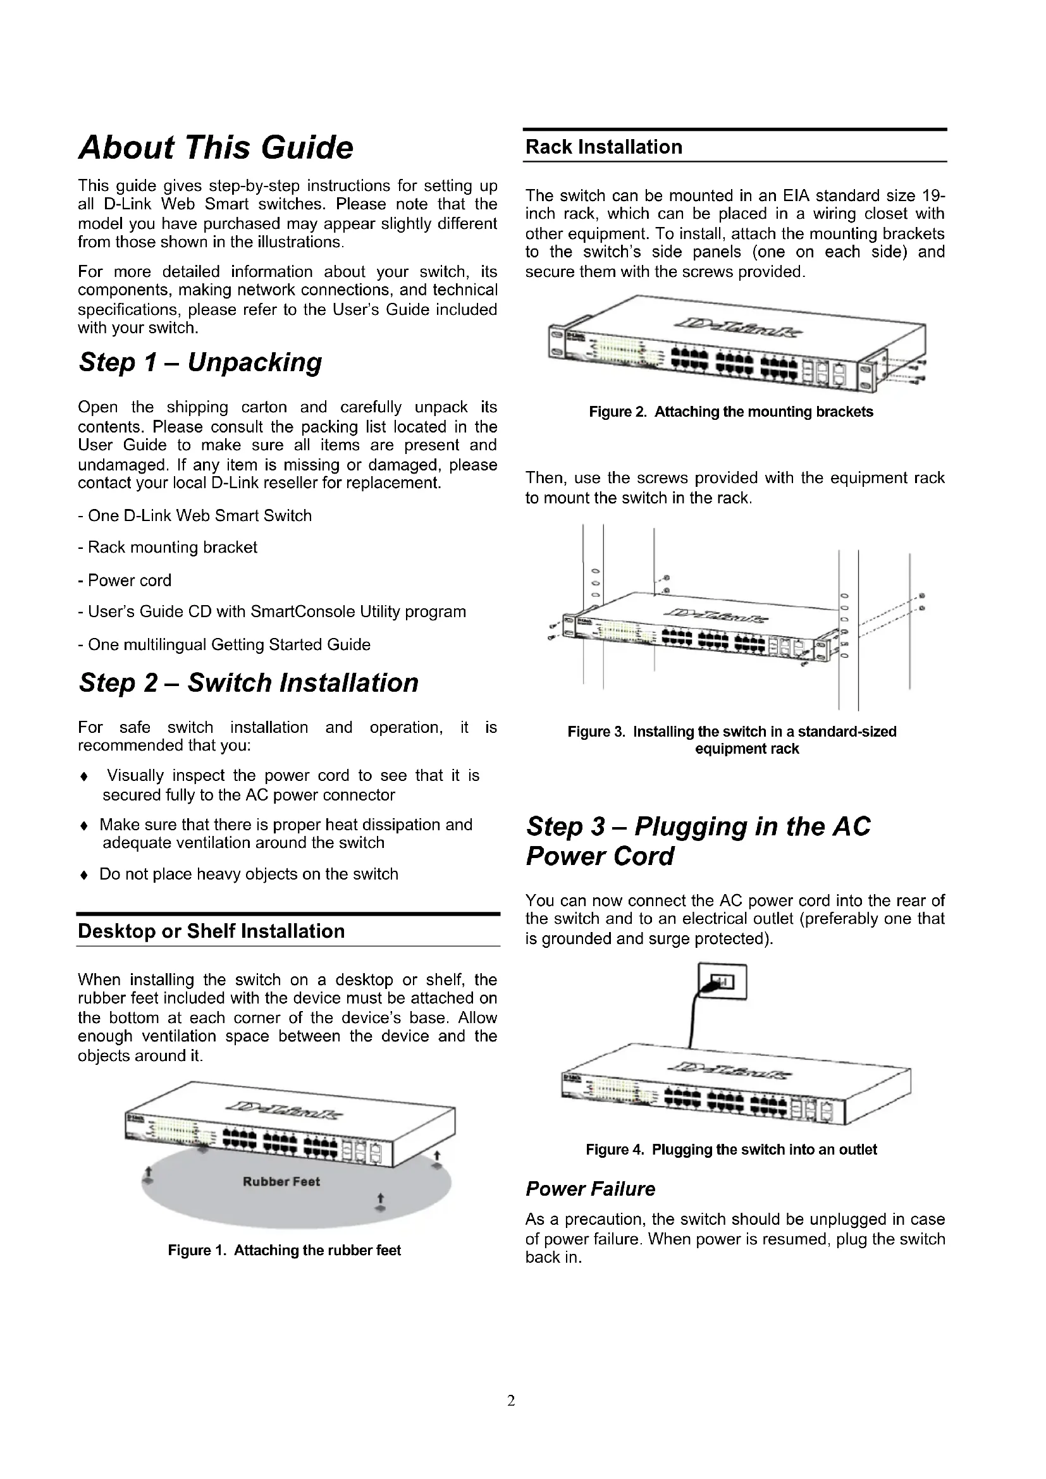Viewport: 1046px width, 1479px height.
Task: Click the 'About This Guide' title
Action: coord(216,147)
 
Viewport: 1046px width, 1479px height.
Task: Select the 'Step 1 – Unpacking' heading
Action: coord(200,362)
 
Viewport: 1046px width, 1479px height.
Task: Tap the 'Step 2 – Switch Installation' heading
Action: coord(249,682)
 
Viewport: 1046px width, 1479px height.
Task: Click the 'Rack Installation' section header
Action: coord(603,147)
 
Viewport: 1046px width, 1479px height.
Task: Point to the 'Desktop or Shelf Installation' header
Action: coord(211,931)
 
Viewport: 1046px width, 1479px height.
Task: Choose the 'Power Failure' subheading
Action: coord(590,1189)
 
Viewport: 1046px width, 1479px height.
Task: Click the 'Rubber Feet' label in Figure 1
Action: coord(281,1181)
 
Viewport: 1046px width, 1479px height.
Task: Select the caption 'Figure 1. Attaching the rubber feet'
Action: coord(284,1250)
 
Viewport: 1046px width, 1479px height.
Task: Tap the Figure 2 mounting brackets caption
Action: coord(731,412)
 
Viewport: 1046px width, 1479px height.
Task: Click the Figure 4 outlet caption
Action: coord(731,1150)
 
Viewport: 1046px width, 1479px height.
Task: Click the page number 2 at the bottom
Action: coord(512,1401)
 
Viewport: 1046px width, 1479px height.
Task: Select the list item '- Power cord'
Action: coord(125,580)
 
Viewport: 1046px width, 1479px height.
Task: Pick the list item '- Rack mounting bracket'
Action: coord(168,548)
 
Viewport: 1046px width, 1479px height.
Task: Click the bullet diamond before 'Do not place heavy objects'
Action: coord(83,875)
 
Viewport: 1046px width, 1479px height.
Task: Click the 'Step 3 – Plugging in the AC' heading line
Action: coord(698,826)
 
